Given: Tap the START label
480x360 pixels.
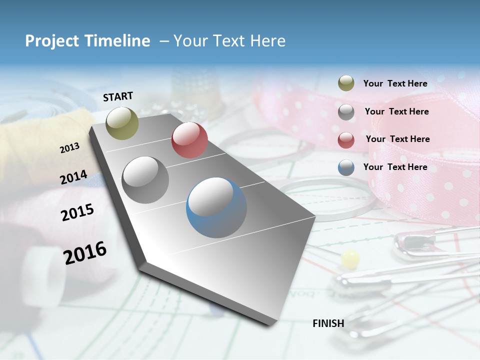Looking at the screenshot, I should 118,96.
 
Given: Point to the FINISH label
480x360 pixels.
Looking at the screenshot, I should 328,323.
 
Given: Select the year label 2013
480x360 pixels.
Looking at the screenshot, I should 70,147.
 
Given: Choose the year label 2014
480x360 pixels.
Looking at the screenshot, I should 74,177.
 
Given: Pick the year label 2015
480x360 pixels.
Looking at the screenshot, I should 77,212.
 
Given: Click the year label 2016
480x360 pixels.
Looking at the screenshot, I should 85,252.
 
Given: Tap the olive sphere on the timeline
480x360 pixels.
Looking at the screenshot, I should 122,123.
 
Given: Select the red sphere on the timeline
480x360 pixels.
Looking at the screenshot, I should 189,140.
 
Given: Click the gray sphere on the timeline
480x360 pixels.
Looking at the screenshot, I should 145,180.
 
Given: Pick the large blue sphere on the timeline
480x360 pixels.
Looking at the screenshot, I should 216,207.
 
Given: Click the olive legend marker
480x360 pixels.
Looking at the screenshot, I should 346,83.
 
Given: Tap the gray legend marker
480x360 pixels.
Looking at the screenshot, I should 346,112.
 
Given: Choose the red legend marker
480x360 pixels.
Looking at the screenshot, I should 346,140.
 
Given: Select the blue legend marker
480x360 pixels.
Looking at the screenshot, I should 346,167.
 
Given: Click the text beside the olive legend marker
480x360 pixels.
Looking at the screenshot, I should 395,83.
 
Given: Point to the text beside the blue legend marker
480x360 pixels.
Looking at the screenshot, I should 395,167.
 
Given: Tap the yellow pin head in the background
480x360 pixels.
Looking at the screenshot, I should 350,258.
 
